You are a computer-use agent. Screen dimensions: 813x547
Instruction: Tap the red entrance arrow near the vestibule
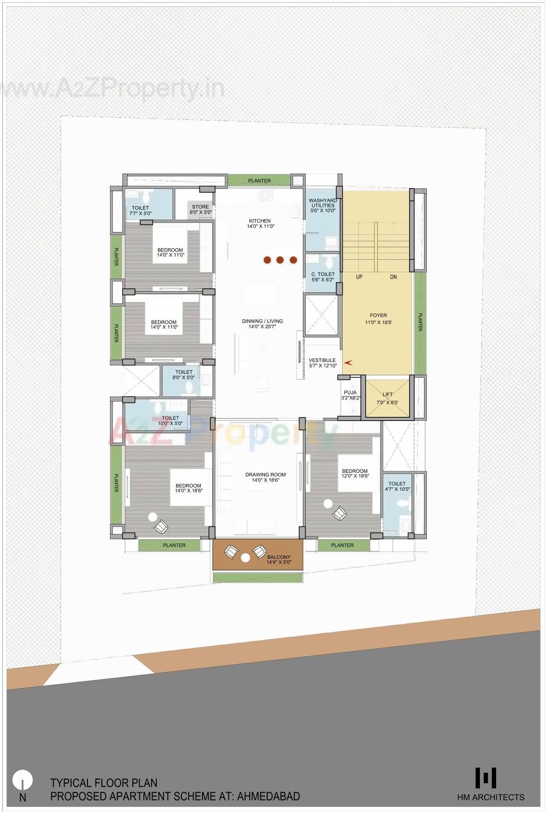point(348,363)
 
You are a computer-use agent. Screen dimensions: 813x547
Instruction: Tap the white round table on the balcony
point(246,558)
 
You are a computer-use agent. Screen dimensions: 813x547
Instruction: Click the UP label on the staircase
point(359,277)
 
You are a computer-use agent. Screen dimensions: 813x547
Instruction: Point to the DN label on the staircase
point(393,277)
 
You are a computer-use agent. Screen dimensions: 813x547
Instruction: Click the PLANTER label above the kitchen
point(259,181)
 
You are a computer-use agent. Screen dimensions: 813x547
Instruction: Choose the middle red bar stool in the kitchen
point(280,260)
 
